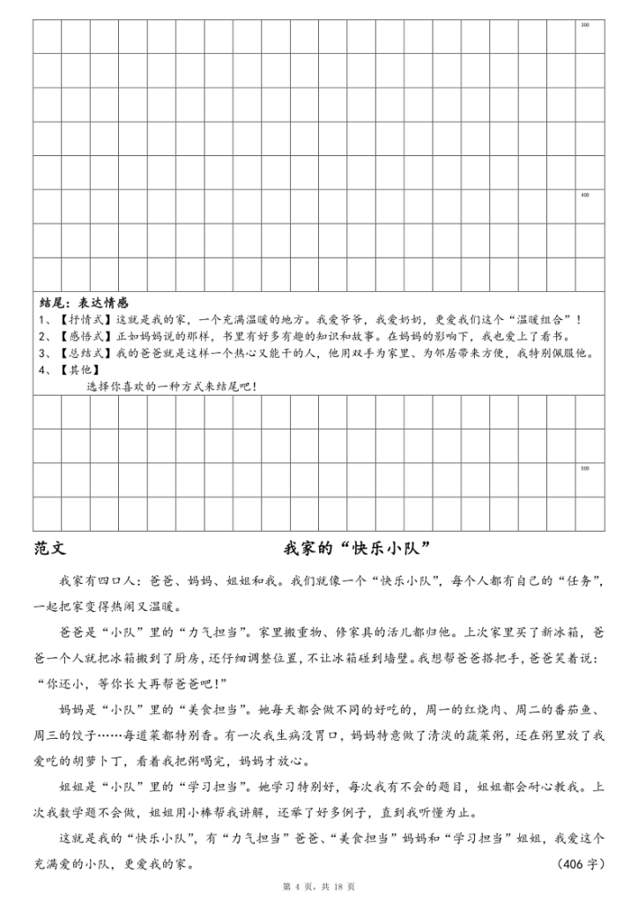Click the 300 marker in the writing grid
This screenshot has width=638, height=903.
click(x=585, y=24)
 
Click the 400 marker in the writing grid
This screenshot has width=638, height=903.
click(x=585, y=194)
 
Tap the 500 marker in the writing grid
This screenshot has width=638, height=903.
click(x=585, y=467)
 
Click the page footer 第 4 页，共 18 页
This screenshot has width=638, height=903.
click(x=318, y=885)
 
